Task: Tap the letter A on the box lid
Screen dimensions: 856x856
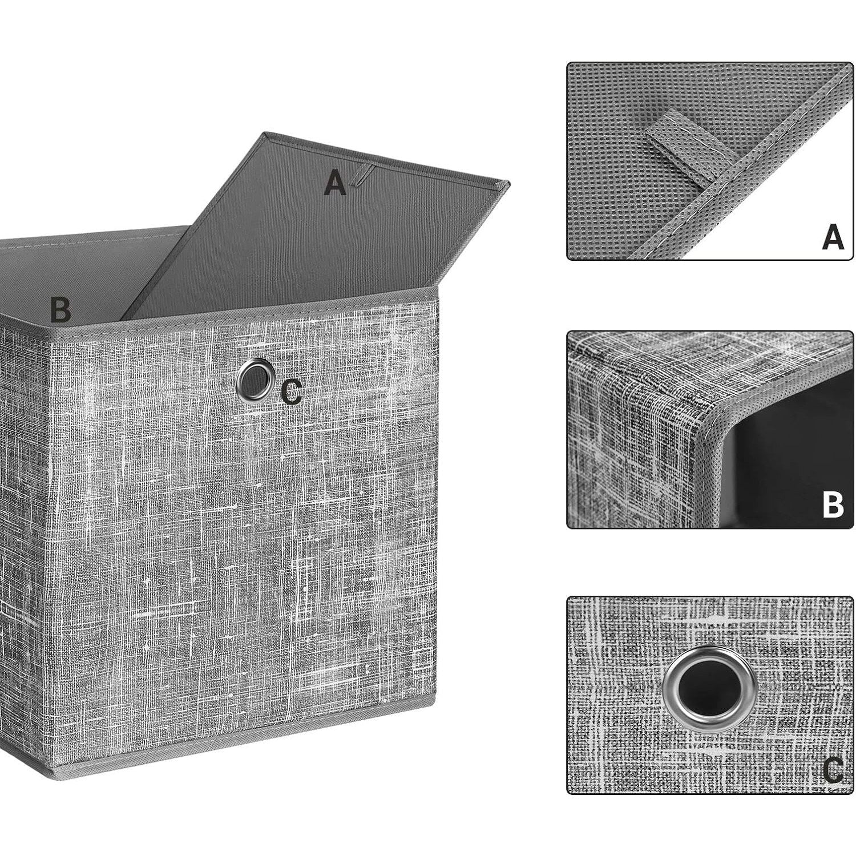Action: point(336,183)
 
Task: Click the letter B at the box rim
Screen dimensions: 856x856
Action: point(60,309)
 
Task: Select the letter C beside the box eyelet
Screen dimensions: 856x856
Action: point(292,393)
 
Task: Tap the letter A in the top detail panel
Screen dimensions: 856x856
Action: point(833,237)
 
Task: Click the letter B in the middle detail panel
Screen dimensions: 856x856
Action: point(833,504)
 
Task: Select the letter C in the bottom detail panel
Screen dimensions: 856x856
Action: point(833,771)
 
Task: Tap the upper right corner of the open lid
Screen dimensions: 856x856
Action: point(509,184)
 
